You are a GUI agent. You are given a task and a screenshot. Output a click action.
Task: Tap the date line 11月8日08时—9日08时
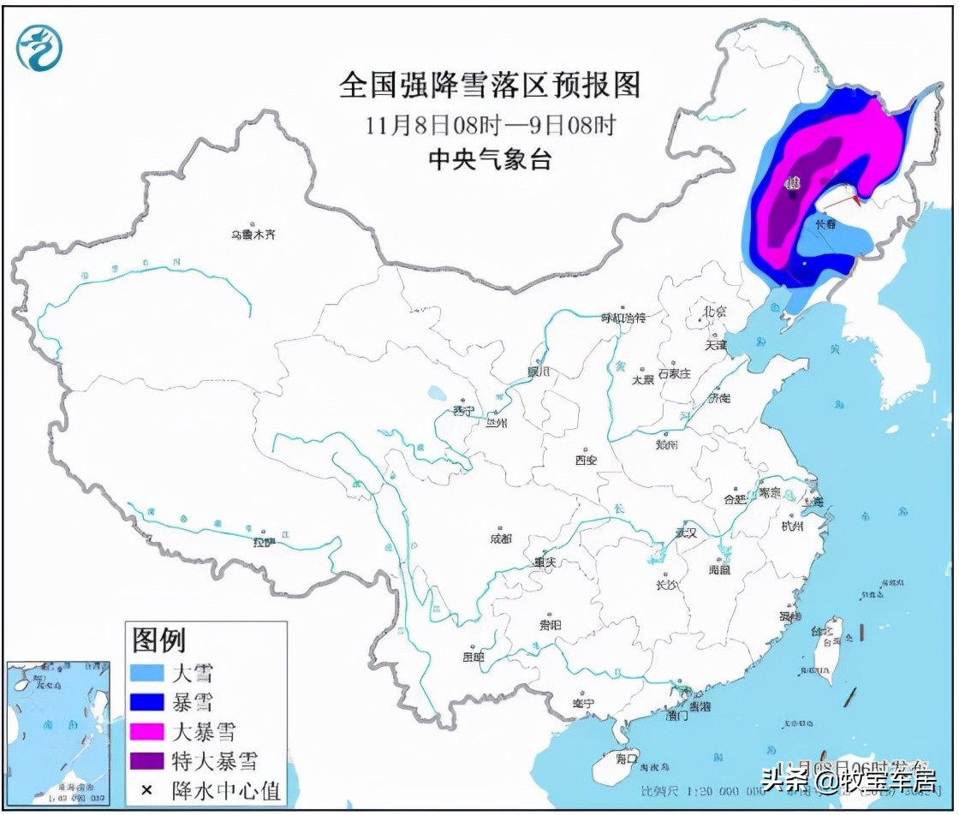click(x=489, y=125)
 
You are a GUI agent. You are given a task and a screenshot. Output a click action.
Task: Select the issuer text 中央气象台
click(x=489, y=160)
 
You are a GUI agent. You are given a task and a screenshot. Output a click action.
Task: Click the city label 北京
click(x=713, y=311)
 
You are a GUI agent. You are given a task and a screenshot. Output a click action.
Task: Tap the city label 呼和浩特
click(x=622, y=318)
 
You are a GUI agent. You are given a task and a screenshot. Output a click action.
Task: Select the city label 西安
click(x=586, y=460)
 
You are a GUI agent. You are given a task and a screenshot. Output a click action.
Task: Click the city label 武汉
click(x=685, y=532)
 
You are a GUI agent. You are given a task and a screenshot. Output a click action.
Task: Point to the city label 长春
click(x=825, y=224)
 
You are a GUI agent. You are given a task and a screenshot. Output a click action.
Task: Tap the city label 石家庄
click(x=673, y=373)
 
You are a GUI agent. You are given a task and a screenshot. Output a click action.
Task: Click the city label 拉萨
click(x=262, y=542)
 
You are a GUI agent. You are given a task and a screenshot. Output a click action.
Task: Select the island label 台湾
click(x=828, y=641)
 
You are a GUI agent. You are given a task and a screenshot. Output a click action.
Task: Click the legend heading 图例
click(x=158, y=639)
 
